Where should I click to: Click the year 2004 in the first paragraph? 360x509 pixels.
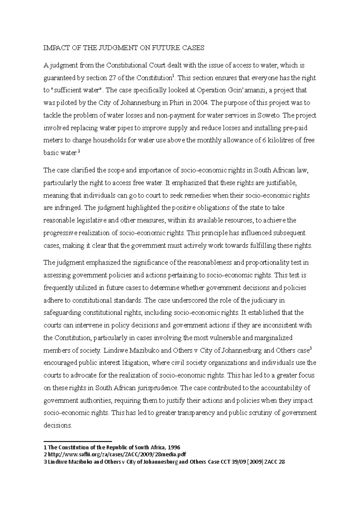coord(200,103)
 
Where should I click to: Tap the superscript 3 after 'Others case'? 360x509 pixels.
coord(311,349)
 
